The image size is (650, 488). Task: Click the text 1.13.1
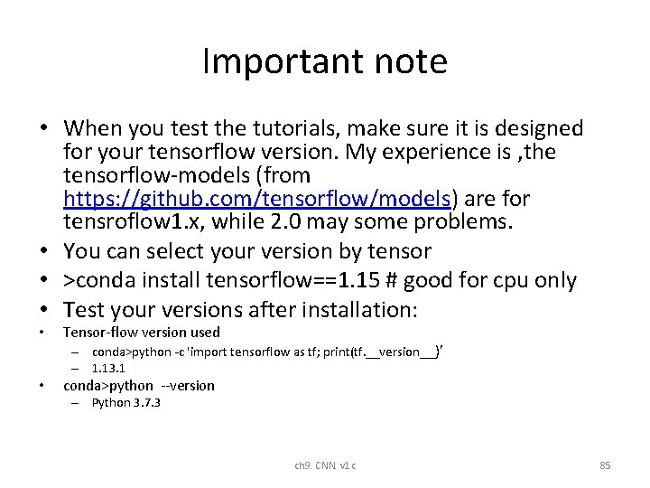pos(108,368)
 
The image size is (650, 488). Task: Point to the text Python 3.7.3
pos(125,402)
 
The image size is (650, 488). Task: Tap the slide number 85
pos(605,465)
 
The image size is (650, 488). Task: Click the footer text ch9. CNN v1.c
pos(325,465)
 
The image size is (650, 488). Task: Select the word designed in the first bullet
pos(536,128)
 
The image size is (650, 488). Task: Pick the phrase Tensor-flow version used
pos(141,332)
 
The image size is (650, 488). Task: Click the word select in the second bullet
pos(180,250)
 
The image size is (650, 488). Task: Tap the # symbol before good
pos(390,280)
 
